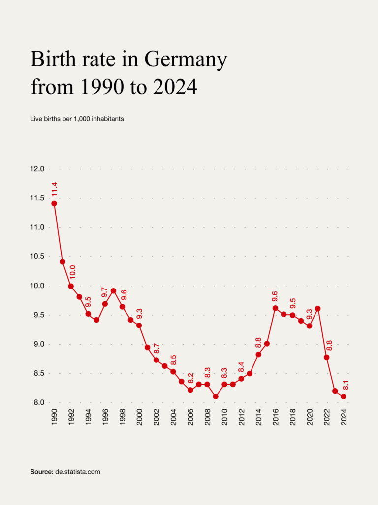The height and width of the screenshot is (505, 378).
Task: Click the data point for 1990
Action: coord(54,203)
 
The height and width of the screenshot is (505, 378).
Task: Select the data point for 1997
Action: coord(114,290)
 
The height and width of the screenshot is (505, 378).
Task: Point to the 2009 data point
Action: coord(216,397)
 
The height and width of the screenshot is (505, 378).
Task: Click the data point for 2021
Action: coord(318,309)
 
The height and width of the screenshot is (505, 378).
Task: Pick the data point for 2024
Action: coord(344,397)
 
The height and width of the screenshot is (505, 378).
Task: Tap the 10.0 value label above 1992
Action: coord(72,273)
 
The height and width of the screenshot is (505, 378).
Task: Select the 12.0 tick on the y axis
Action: coord(37,169)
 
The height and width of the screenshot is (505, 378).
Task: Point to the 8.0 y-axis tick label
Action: coord(37,403)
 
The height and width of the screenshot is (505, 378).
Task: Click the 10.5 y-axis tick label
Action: coord(37,256)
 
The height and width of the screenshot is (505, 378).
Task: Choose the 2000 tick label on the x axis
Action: coord(139,417)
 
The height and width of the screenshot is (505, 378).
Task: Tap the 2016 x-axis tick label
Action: coord(276,417)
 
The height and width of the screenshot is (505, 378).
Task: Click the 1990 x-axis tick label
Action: coord(54,417)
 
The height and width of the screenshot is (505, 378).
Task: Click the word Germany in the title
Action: coord(186,60)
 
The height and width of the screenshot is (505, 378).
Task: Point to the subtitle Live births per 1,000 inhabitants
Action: coord(77,119)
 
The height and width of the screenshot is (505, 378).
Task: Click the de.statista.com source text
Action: coord(77,472)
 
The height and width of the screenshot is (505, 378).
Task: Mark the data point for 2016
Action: coord(275,308)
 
